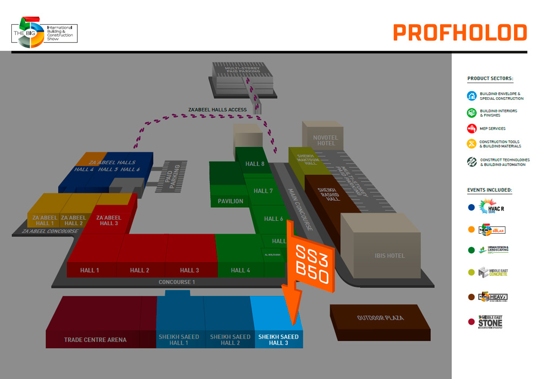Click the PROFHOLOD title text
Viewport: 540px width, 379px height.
click(460, 33)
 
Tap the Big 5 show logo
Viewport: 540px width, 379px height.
click(45, 33)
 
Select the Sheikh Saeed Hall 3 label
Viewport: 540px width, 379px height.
click(278, 340)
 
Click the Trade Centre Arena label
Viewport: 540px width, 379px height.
click(95, 340)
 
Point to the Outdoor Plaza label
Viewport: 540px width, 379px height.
click(380, 318)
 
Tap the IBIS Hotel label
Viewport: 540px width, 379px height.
click(389, 255)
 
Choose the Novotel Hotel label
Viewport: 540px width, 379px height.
click(326, 140)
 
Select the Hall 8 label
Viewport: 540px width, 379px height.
click(255, 164)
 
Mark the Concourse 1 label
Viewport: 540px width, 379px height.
click(177, 282)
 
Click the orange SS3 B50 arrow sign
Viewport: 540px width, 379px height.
click(311, 263)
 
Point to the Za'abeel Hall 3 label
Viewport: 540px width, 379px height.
click(109, 220)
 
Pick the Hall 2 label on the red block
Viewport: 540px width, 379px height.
click(139, 270)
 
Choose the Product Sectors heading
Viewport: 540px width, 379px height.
click(490, 79)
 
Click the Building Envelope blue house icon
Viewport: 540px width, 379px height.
click(471, 96)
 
